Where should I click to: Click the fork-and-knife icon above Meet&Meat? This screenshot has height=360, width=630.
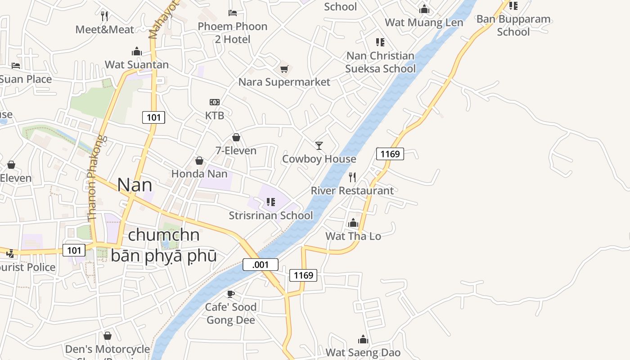point(104,16)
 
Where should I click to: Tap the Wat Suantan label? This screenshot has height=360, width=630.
point(137,65)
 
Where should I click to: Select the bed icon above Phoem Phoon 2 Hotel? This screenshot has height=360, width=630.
point(233,13)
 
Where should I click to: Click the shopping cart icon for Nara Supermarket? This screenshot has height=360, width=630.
point(284,69)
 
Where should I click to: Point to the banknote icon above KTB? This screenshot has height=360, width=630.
point(215,102)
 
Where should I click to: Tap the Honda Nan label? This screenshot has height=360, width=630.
point(199,174)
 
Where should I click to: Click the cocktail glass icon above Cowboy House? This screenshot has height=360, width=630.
point(319,145)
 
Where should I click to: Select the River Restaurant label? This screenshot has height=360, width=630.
point(352,190)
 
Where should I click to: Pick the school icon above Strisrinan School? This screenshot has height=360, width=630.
point(270,202)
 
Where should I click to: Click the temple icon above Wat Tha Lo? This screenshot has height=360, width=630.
point(353,223)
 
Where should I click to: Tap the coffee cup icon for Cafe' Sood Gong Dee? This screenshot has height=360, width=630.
point(231,294)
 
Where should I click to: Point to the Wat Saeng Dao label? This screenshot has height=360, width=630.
point(363,352)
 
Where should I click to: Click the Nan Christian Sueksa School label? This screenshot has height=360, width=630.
point(380,62)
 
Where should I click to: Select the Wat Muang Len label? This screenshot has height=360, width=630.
point(424,22)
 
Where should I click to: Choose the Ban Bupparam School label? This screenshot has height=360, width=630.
point(513,25)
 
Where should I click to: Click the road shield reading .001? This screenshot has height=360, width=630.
point(261,265)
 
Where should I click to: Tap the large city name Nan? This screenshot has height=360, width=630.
point(135,185)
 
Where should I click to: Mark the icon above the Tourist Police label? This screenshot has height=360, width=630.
point(10,254)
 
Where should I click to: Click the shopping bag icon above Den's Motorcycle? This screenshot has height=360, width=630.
point(108,336)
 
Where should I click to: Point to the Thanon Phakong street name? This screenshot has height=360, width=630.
point(95,178)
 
